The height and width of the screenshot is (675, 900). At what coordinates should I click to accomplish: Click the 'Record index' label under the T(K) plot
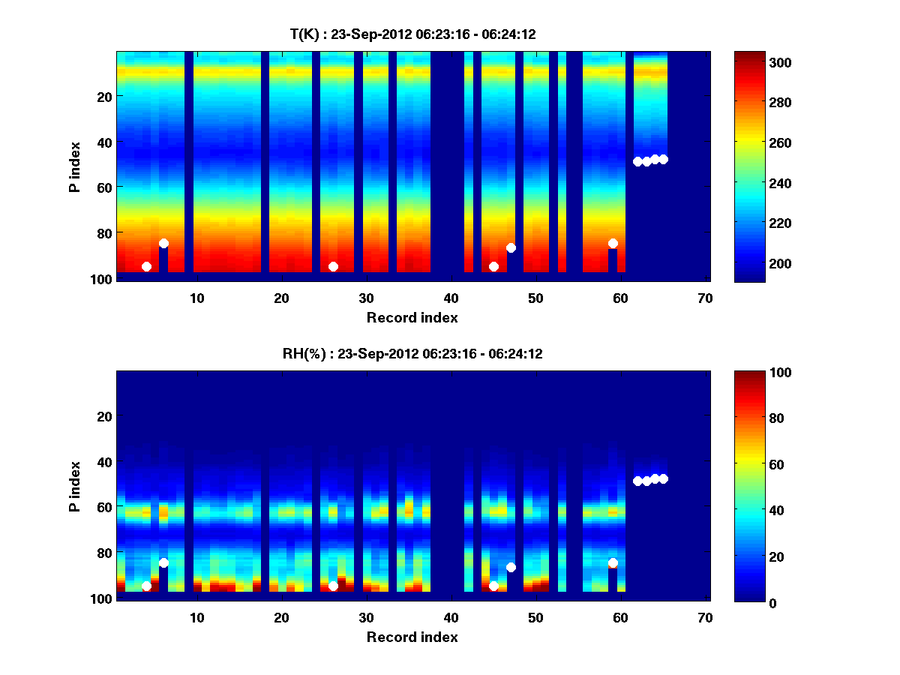(412, 317)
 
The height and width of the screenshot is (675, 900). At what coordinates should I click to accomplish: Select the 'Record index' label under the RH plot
(412, 637)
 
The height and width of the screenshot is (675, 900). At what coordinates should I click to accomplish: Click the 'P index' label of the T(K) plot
(75, 166)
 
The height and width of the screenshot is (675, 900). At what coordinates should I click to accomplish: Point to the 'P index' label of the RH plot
(75, 485)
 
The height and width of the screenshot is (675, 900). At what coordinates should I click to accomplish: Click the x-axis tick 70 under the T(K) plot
(704, 298)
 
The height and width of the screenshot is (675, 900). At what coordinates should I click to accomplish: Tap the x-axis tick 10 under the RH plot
(196, 617)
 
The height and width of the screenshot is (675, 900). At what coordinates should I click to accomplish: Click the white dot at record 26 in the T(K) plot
(333, 266)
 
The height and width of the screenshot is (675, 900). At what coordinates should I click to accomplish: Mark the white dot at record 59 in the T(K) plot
(613, 243)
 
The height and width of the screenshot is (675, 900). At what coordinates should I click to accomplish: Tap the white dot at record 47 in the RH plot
(511, 567)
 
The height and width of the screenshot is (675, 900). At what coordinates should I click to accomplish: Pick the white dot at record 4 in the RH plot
(146, 586)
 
